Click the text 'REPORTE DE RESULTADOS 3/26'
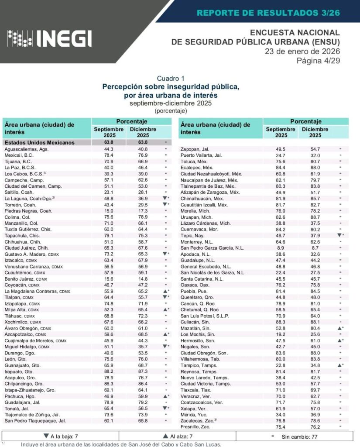(x=268, y=13)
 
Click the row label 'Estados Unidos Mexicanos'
(x=39, y=142)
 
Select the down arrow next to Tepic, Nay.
(x=339, y=235)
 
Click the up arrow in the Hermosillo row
(x=339, y=340)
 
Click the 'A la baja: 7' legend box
(x=60, y=436)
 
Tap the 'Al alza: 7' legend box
(x=177, y=436)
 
